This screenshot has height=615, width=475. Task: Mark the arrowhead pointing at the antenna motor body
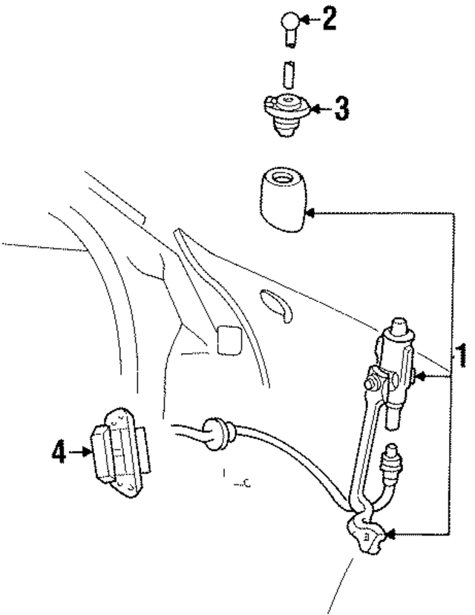(x=419, y=377)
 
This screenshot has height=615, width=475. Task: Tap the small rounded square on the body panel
(x=229, y=339)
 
